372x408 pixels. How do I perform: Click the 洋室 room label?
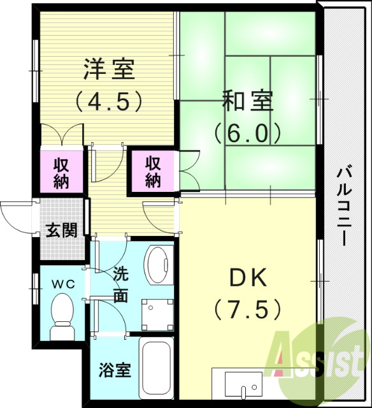(108, 69)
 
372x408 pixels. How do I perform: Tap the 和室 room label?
(247, 101)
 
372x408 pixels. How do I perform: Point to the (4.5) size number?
(108, 100)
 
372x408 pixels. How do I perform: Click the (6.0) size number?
(247, 132)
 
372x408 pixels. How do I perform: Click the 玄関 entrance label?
(61, 229)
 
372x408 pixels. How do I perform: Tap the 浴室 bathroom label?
(115, 370)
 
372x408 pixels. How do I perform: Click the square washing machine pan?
(156, 312)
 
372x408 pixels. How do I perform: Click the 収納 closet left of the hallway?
(61, 171)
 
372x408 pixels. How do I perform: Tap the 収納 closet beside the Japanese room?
(153, 171)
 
